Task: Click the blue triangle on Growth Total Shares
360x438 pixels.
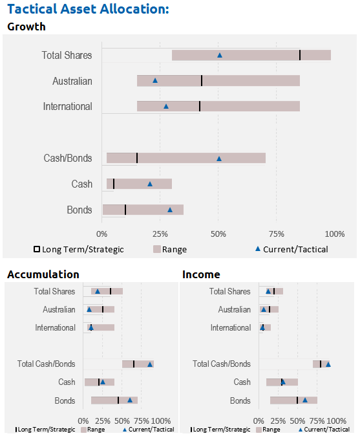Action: [220, 55]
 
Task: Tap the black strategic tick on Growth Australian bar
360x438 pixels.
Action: [202, 80]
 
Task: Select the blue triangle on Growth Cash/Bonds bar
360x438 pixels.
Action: [219, 159]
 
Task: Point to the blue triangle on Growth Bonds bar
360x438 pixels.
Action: [170, 210]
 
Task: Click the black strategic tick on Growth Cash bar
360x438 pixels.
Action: [114, 184]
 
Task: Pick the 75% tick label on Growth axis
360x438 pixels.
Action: [276, 234]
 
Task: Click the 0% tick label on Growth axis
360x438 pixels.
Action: [102, 234]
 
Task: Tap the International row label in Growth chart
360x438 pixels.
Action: [67, 107]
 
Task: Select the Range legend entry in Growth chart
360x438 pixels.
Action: [170, 249]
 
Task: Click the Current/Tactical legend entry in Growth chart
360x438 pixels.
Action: [291, 249]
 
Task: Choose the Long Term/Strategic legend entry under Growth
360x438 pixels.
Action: [79, 249]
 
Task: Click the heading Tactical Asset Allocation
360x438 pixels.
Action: [88, 9]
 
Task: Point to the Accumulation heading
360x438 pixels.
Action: [43, 274]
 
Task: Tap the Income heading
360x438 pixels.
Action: [201, 274]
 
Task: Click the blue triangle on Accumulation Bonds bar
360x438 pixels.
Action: [130, 400]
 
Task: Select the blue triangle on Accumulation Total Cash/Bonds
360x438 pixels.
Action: [150, 364]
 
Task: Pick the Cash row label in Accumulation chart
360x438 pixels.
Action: [67, 382]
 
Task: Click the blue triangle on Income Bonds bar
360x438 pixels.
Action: [305, 400]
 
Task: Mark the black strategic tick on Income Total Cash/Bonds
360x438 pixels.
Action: [321, 364]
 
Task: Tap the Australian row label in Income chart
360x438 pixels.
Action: [235, 309]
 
